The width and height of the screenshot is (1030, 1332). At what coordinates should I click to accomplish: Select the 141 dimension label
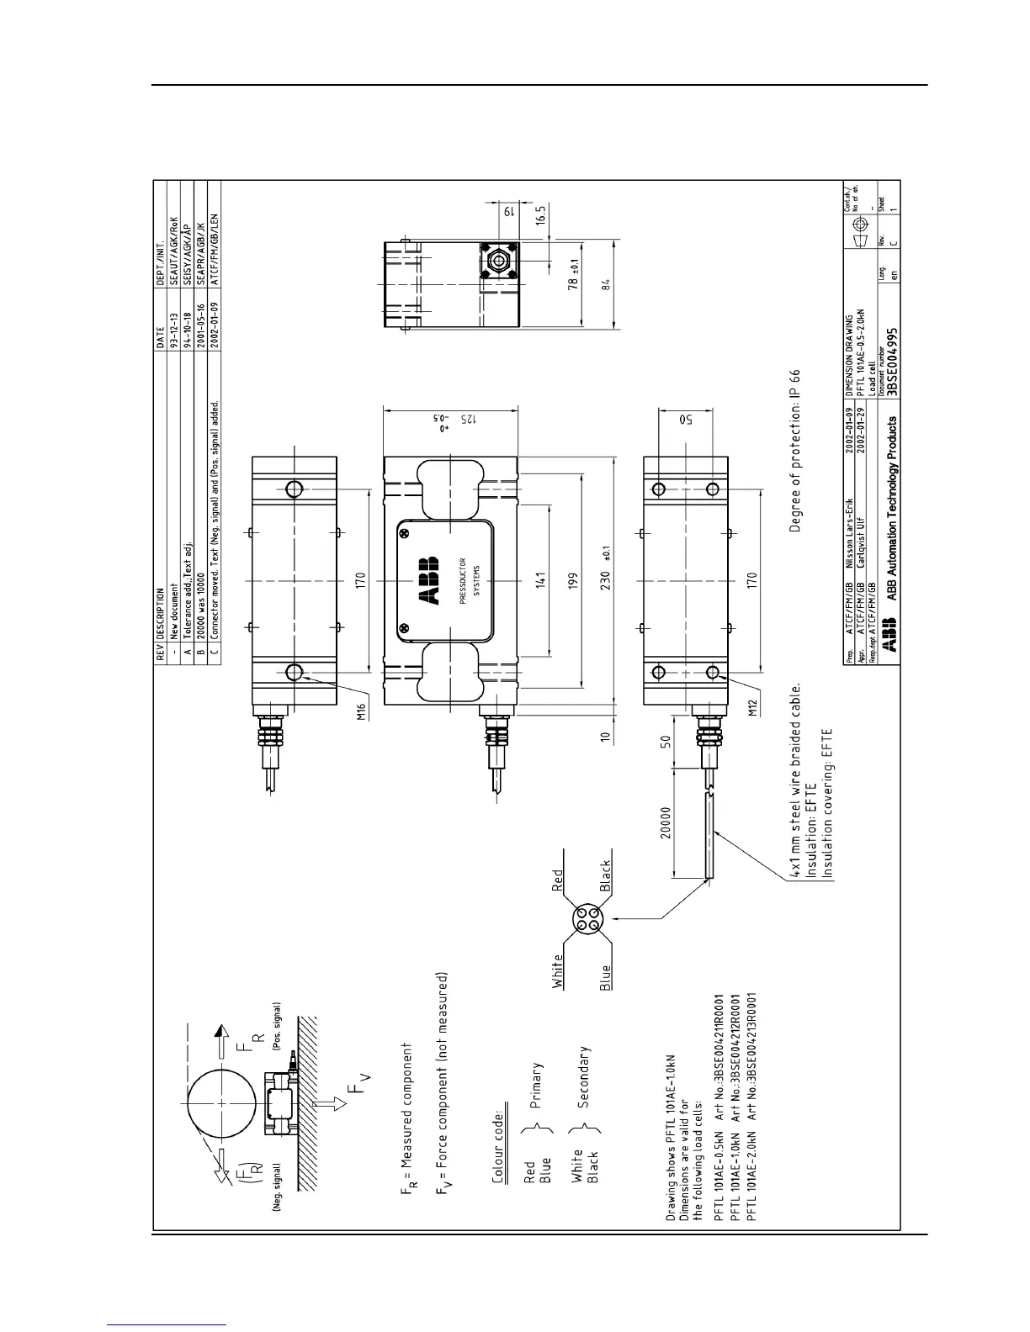[539, 579]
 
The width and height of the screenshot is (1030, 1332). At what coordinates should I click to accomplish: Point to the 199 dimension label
[573, 579]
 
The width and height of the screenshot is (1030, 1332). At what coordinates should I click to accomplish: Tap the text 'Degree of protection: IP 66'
[794, 451]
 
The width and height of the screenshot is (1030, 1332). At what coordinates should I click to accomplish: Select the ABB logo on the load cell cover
[427, 580]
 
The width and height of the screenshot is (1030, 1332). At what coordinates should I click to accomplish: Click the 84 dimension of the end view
[605, 285]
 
